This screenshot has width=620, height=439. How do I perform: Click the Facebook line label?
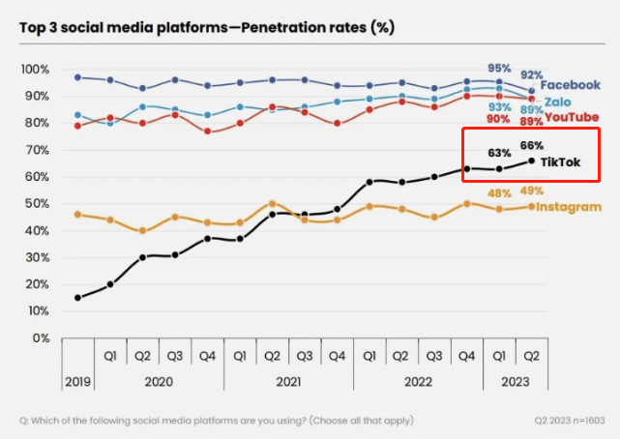576,85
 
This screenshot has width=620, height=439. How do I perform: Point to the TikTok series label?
560,162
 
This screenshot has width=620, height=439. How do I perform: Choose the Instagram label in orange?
569,207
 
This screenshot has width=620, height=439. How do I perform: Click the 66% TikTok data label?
532,145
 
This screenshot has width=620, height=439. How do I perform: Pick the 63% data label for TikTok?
499,153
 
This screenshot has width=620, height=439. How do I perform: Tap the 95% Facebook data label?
499,69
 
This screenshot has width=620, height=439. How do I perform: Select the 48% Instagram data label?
499,193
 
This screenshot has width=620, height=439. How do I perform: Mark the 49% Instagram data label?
531,190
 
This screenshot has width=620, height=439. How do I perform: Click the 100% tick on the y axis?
35,70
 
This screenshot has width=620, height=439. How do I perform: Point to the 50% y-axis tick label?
38,204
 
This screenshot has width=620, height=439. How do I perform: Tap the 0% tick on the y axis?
41,338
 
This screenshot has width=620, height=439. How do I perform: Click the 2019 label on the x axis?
77,381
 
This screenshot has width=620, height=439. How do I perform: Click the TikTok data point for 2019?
77,298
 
